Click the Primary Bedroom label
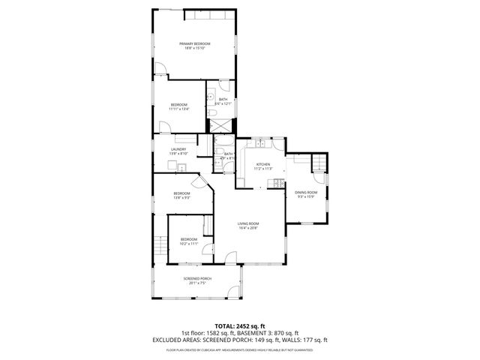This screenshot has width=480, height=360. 194,44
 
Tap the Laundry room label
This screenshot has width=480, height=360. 178,149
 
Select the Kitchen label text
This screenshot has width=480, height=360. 262,164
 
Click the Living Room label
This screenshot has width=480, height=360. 248,223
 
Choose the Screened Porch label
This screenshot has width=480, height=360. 196,279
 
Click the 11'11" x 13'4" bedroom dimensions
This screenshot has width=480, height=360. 178,109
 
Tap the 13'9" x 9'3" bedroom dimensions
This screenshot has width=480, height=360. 182,197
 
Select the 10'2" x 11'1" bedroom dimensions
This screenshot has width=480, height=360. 188,244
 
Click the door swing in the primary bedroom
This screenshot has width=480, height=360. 160,69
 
